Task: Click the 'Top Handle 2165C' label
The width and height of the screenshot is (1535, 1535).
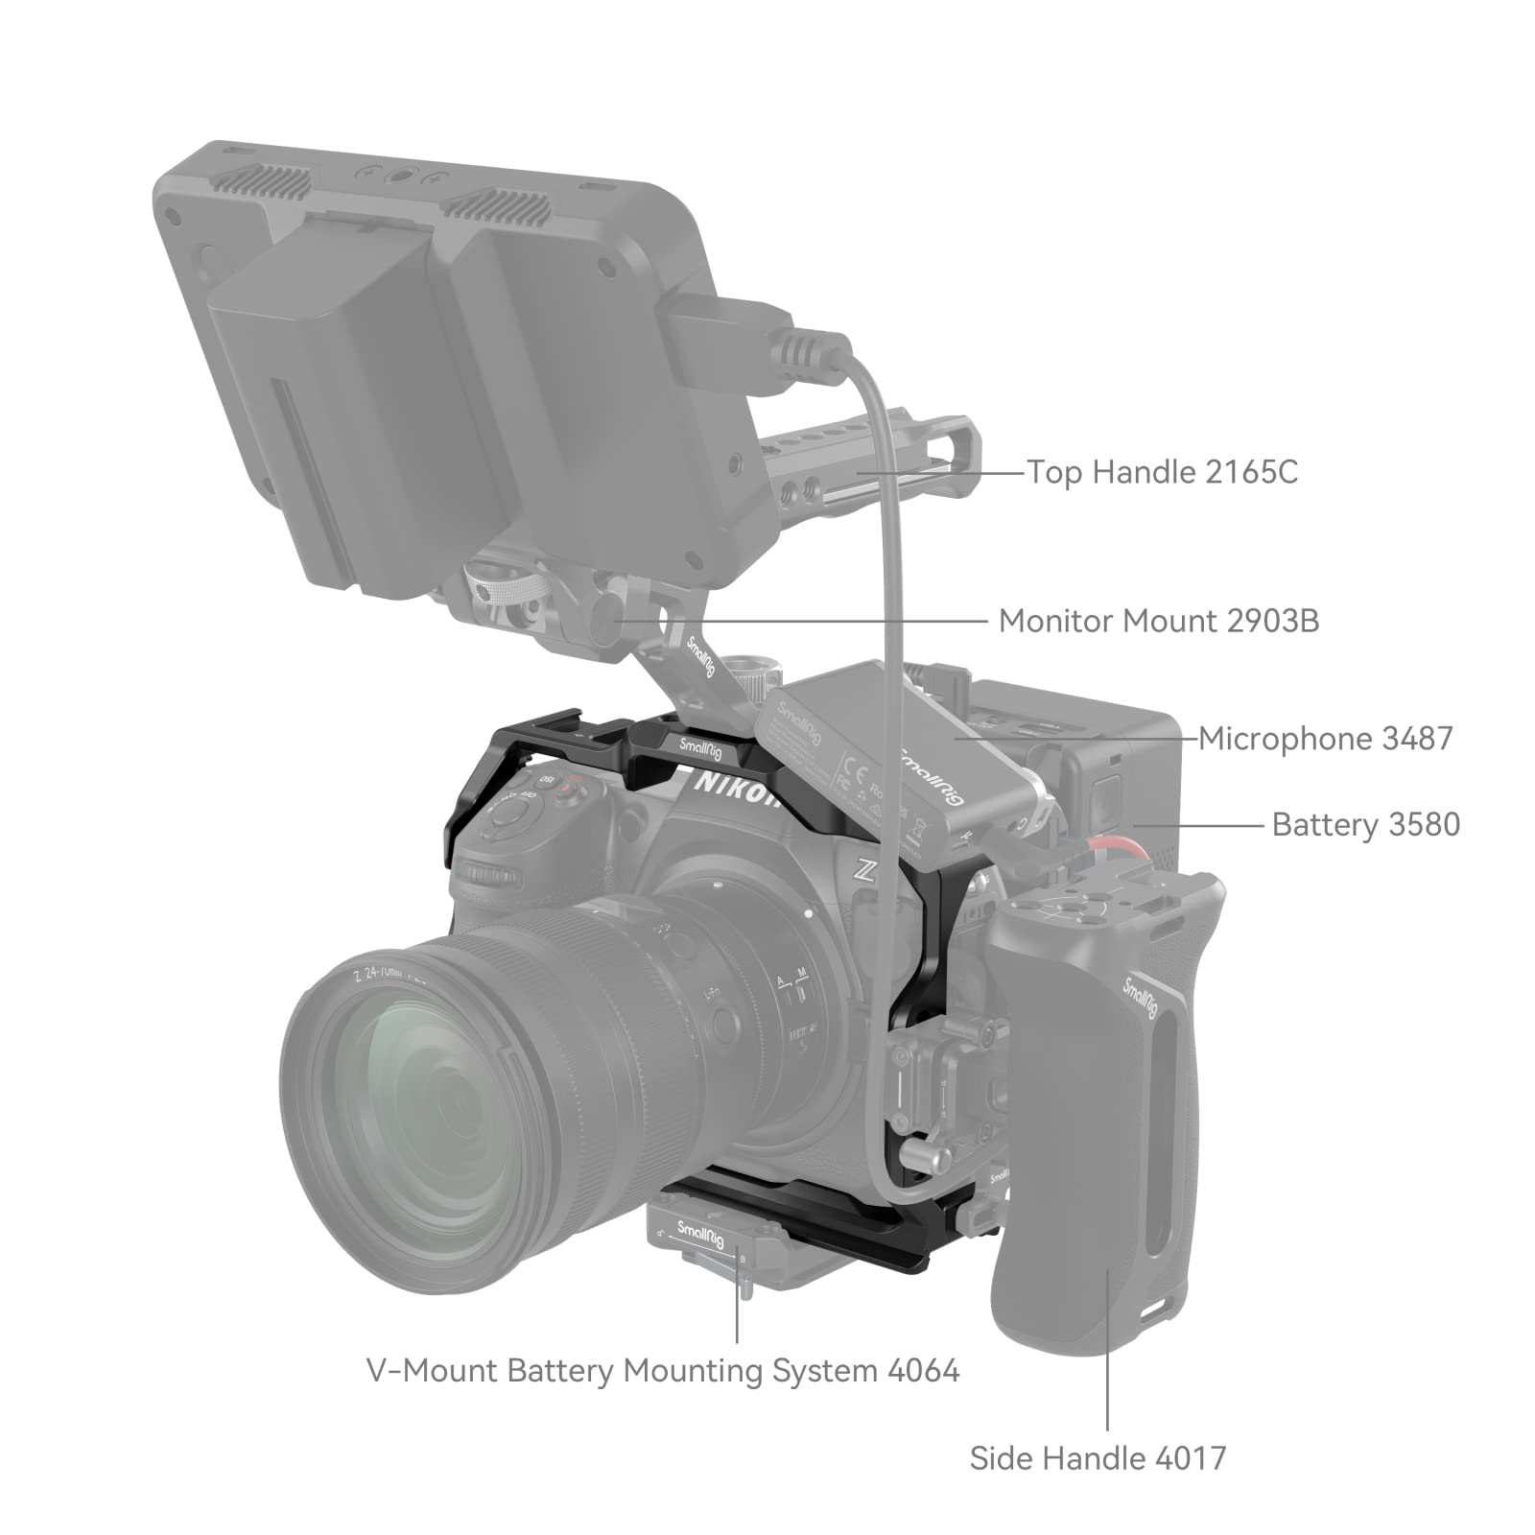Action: pos(1162,472)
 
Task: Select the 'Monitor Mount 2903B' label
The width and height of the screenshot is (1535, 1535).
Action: pos(1158,621)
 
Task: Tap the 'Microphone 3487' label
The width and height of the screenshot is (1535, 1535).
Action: pos(1325,738)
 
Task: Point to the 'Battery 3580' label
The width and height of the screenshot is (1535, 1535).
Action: pos(1365,824)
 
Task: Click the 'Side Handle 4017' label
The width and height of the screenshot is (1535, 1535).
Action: pos(1098,1458)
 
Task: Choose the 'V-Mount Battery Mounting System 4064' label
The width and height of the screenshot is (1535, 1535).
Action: pos(663,1370)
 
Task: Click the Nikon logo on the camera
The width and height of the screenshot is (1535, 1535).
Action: pos(737,791)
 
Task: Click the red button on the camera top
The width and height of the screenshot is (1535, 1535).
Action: pos(573,789)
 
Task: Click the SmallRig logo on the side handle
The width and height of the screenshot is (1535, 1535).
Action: pos(1142,998)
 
